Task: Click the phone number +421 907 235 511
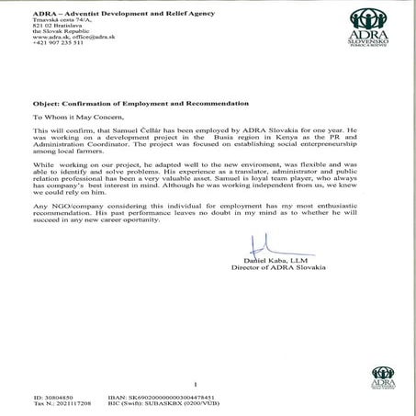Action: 58,43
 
